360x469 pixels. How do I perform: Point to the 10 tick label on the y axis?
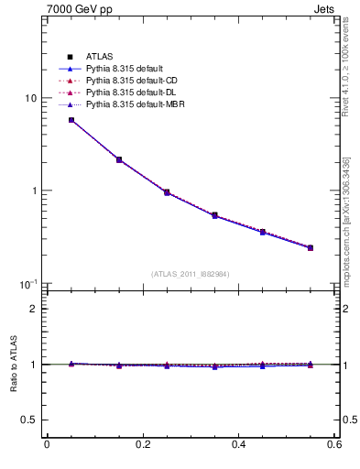[30, 99]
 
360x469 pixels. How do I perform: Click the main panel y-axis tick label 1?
[34, 191]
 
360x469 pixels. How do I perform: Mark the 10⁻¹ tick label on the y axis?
[29, 284]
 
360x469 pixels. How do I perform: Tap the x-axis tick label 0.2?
[142, 445]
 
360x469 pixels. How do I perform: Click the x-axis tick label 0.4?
[239, 445]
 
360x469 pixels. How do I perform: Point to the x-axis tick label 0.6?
[335, 445]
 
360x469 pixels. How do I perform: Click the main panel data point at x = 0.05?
[71, 120]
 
